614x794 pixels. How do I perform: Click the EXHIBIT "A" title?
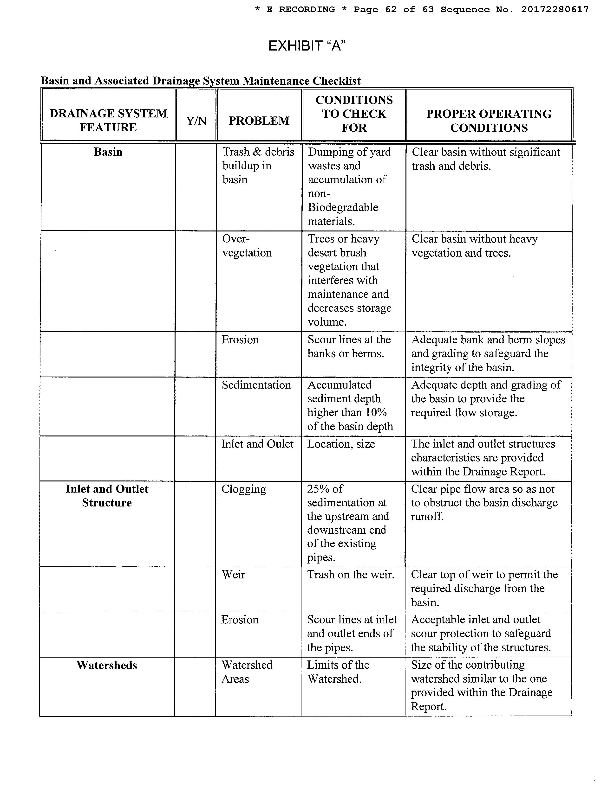[x=306, y=46]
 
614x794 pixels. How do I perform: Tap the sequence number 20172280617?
[x=555, y=9]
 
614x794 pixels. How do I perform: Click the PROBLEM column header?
[x=259, y=121]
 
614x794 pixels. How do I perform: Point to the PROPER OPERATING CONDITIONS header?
[x=489, y=121]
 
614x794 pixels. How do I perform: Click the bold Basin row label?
[x=108, y=152]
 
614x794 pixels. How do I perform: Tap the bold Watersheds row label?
[x=107, y=665]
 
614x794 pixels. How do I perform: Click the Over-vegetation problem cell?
[x=247, y=246]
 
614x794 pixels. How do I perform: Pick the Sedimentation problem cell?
[x=256, y=385]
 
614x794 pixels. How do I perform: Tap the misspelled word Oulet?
[x=280, y=444]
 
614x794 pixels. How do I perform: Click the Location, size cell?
[x=341, y=444]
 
